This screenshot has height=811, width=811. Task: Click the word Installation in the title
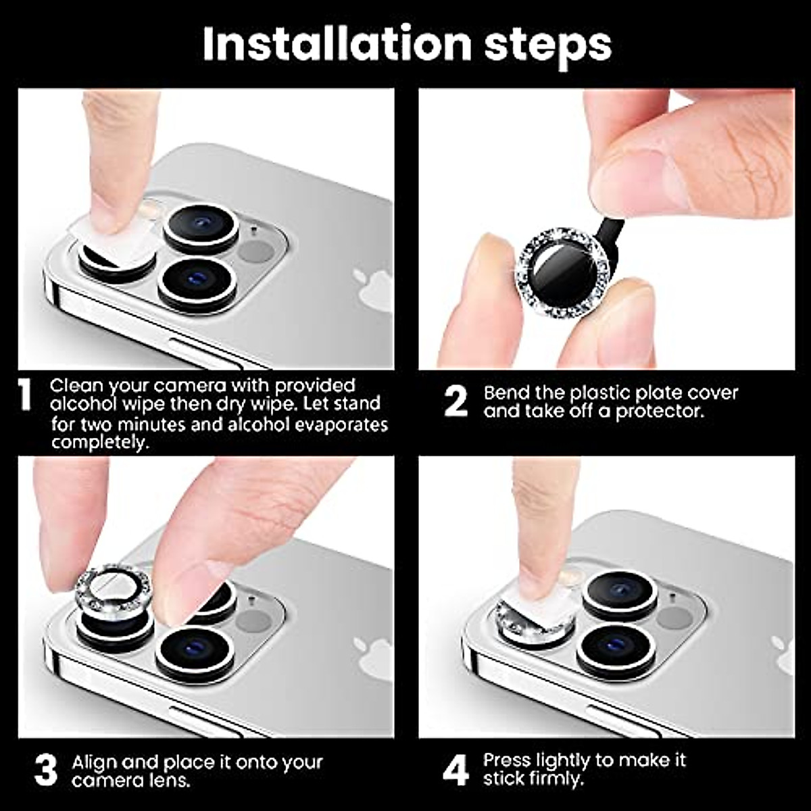337,44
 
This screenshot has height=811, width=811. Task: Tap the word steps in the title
547,47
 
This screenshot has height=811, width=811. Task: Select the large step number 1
26,394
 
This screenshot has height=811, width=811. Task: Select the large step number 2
456,402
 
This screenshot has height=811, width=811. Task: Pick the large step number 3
45,770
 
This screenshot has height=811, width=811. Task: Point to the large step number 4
456,770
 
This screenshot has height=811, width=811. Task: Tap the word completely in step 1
100,443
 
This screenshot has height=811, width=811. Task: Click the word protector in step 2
660,412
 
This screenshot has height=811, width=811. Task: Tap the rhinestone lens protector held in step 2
563,274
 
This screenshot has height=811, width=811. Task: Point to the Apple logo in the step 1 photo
373,289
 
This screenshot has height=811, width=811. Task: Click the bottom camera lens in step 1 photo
197,283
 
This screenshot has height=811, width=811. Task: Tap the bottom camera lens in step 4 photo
616,647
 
